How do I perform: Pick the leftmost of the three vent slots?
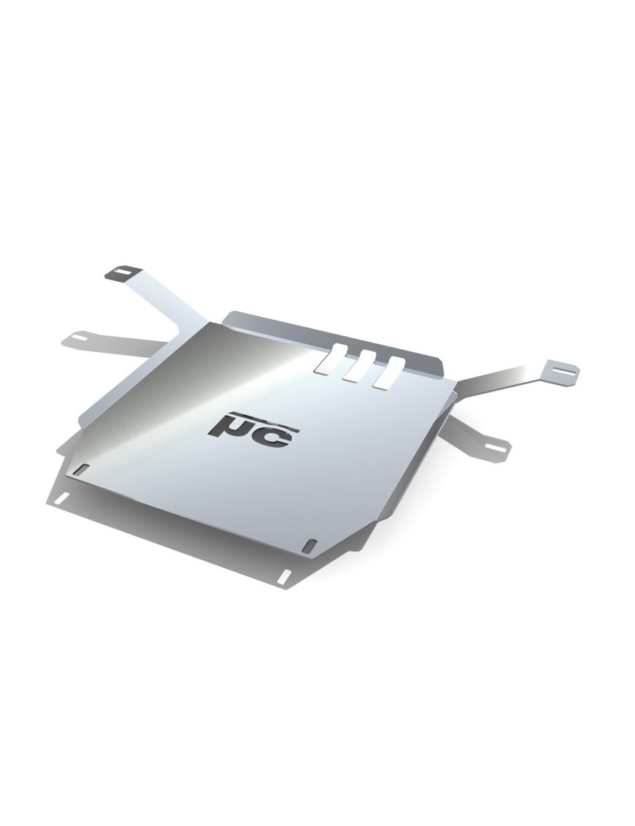point(330,358)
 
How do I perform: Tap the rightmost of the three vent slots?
point(388,372)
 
